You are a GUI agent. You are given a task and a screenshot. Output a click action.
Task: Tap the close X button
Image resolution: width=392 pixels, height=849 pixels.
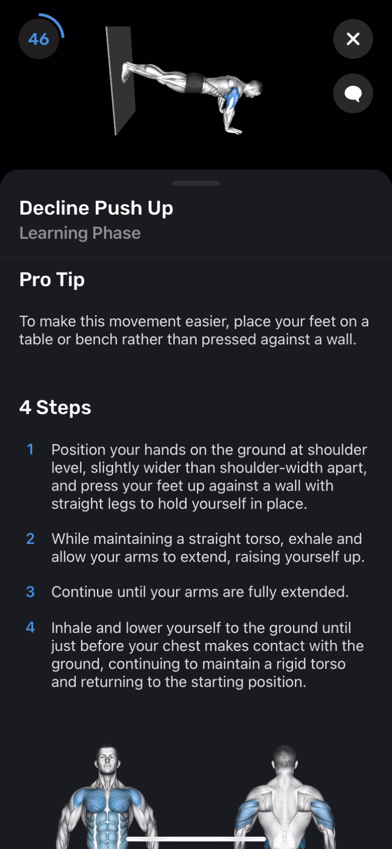point(353,39)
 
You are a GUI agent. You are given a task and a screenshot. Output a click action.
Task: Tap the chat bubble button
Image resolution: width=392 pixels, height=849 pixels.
point(353,93)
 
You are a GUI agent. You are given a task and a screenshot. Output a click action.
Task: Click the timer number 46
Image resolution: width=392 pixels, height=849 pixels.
point(39,39)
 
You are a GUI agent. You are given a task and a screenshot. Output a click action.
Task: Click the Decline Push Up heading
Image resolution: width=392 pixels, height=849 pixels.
point(96,208)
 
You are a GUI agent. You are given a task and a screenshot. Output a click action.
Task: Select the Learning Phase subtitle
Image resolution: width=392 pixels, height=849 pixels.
point(80,233)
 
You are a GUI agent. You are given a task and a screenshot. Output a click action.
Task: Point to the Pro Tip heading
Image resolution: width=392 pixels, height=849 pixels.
point(52,280)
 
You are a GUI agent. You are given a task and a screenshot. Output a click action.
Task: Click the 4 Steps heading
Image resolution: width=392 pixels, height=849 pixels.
point(55,408)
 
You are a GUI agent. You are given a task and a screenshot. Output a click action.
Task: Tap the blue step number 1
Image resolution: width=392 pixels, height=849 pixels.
point(30,449)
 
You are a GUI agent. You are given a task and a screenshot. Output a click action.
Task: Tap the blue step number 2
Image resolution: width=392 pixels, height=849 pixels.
point(30,539)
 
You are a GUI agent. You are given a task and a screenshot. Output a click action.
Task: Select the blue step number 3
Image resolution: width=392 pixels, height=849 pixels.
point(30,592)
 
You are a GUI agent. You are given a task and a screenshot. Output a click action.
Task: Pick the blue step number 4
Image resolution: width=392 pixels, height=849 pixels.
point(30,627)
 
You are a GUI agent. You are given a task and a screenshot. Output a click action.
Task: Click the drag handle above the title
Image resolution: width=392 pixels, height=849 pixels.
point(196,183)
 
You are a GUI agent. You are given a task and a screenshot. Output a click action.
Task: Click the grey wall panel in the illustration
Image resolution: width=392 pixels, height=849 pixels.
point(120,80)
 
